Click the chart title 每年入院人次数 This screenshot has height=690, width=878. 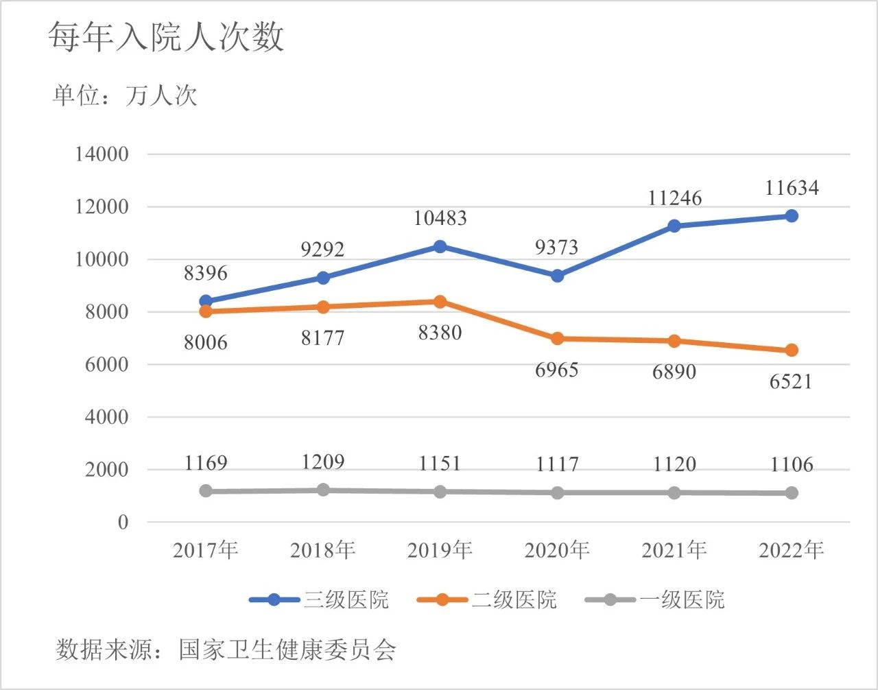[166, 36]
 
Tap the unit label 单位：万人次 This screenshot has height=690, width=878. [125, 95]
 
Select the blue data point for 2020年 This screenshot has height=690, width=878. [557, 276]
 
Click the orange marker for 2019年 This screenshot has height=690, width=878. [440, 302]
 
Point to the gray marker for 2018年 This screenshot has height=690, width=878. [323, 490]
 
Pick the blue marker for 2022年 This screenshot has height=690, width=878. [792, 216]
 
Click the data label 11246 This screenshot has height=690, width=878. [675, 198]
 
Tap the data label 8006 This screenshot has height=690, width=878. [205, 342]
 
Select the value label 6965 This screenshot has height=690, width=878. [557, 370]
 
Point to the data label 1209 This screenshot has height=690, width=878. [323, 462]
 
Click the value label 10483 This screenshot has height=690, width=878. [440, 218]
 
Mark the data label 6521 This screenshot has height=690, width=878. [791, 381]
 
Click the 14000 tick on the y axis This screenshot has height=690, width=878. [102, 154]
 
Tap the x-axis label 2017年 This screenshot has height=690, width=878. [205, 550]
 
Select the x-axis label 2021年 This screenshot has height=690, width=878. [674, 550]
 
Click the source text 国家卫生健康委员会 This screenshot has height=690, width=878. [287, 650]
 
